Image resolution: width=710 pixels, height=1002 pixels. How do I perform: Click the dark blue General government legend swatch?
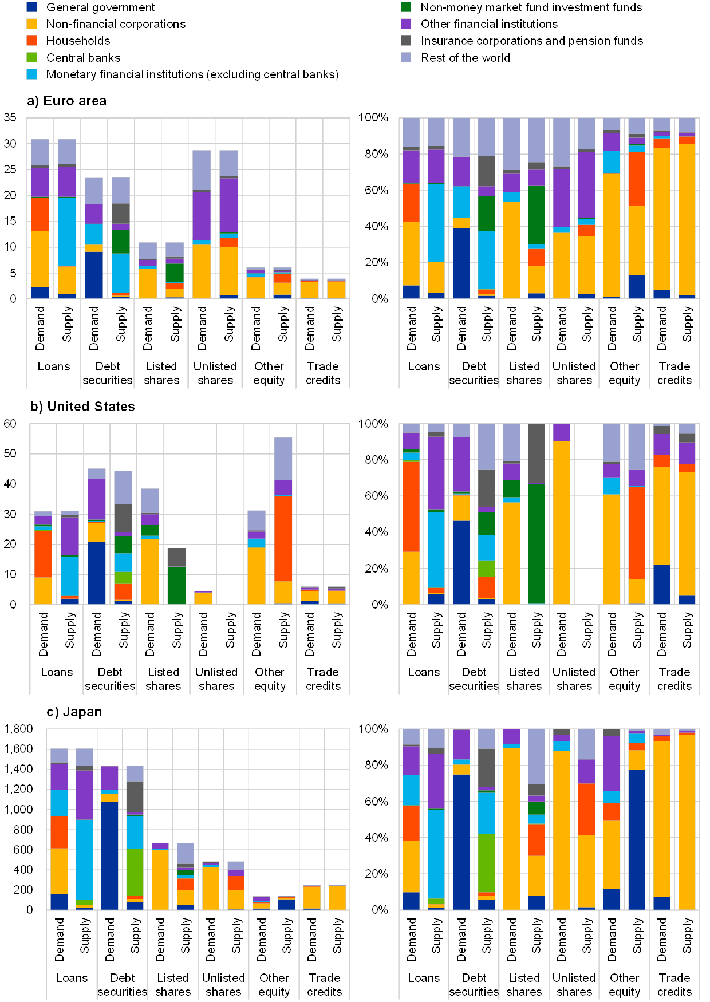(31, 7)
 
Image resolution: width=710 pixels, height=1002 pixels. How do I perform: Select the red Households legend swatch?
(31, 41)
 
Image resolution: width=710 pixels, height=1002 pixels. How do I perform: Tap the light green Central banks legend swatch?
(31, 57)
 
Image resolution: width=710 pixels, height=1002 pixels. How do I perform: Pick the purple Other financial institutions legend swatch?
(406, 24)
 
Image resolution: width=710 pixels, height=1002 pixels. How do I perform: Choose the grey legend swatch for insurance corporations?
(406, 41)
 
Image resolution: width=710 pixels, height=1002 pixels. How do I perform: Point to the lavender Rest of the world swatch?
(406, 57)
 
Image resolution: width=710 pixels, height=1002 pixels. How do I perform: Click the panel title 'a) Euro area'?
(67, 101)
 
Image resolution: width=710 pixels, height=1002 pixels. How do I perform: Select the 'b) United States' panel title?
(84, 407)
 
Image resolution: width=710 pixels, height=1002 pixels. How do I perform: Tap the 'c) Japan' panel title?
(74, 712)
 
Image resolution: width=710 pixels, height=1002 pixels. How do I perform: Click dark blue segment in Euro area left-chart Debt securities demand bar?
(94, 275)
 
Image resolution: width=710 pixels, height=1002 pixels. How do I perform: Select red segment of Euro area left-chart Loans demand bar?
(40, 214)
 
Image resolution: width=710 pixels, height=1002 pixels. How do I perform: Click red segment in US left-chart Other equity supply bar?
(283, 538)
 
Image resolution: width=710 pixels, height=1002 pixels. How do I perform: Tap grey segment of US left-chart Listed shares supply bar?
(176, 557)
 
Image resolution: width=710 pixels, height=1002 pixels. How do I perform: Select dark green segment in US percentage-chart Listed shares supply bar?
(537, 544)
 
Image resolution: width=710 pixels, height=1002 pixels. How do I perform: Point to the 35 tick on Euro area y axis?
(10, 117)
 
